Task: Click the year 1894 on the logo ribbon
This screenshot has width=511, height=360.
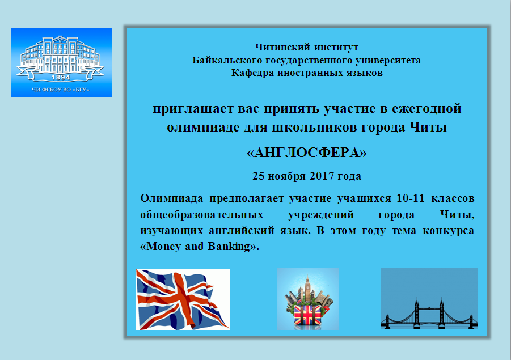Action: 61,77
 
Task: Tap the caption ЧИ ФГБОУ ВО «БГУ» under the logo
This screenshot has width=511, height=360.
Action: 61,90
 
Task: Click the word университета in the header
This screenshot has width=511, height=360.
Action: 388,61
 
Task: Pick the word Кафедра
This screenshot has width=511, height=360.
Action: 252,73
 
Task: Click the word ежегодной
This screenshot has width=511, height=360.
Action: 426,108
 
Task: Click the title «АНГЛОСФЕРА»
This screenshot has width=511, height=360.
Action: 307,153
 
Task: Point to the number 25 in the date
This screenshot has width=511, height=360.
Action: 259,176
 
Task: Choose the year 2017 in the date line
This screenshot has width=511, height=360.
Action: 322,176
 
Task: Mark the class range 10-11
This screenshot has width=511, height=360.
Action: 411,198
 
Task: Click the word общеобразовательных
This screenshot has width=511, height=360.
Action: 202,215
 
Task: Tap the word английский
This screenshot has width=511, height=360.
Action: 242,231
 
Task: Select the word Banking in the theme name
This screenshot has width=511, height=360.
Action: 229,246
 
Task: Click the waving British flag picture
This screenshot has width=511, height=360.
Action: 183,299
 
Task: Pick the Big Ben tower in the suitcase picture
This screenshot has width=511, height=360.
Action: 307,289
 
